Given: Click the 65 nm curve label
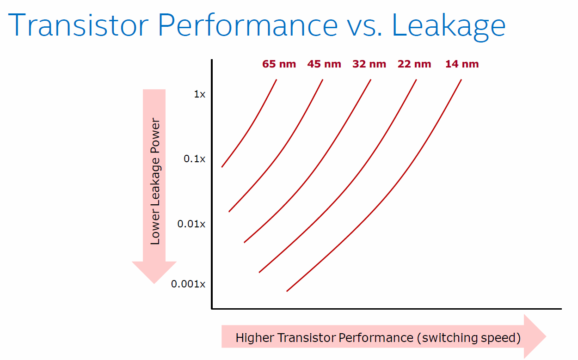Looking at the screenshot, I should coord(279,64).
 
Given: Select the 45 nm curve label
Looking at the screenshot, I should coord(324,64).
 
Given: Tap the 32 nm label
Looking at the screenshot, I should coord(369,64).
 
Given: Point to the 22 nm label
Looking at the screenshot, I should coord(414,64).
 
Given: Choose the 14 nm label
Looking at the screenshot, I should coord(462,64).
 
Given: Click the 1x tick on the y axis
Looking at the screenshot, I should coord(199,94).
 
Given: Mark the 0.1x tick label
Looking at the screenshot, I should coord(195,159).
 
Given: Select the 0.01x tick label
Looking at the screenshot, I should coord(191,224).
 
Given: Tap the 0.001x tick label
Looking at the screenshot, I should coord(188,284).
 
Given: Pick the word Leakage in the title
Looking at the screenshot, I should coord(449,26).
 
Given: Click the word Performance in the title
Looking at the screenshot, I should coord(248,26).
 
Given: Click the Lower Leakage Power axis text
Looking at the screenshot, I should coord(155,182).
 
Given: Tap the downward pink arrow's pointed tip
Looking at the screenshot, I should coord(154,282).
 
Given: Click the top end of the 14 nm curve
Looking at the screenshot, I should coord(461,80).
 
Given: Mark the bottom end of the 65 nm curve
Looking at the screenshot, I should coord(222,167).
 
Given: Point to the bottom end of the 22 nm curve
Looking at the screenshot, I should coord(259,272).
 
